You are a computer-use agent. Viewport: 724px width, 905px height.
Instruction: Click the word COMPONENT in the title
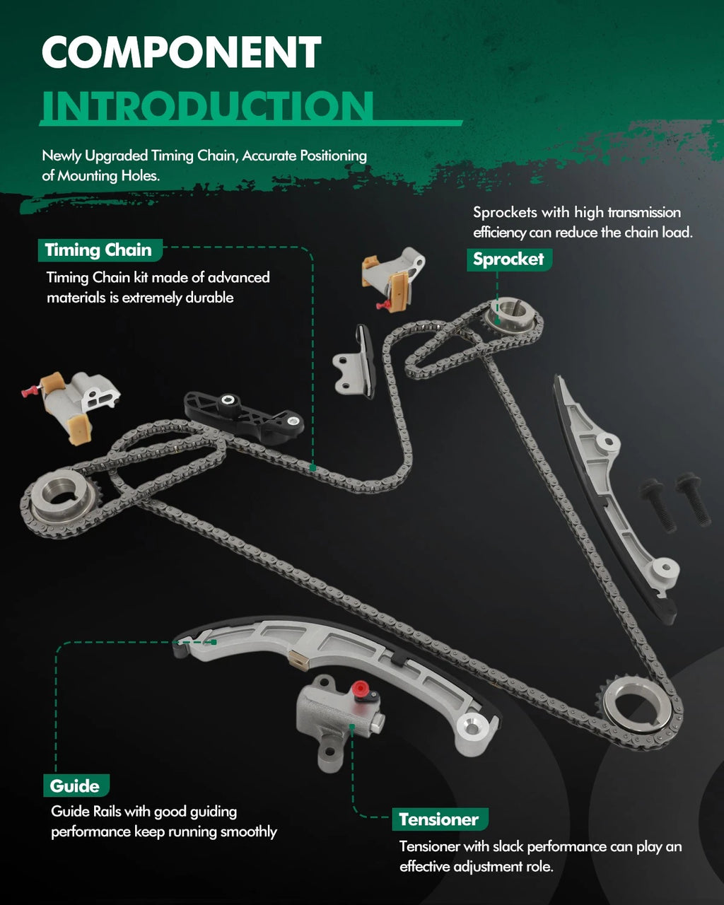tap(181, 52)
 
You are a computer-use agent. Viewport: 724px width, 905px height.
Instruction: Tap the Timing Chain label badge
tap(100, 250)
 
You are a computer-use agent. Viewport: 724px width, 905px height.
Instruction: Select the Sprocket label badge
tap(509, 259)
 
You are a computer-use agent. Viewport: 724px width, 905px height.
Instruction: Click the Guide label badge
tap(76, 785)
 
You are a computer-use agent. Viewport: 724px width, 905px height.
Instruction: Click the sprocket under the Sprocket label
tap(510, 317)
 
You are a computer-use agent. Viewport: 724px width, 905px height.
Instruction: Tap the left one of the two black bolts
tap(659, 505)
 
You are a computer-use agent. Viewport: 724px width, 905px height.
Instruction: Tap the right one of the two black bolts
tap(694, 499)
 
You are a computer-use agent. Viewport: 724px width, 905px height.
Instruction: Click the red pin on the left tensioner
tap(30, 392)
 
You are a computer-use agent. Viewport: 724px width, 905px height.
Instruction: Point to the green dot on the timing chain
tap(313, 467)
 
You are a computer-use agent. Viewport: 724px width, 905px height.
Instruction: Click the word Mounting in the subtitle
tap(87, 175)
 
